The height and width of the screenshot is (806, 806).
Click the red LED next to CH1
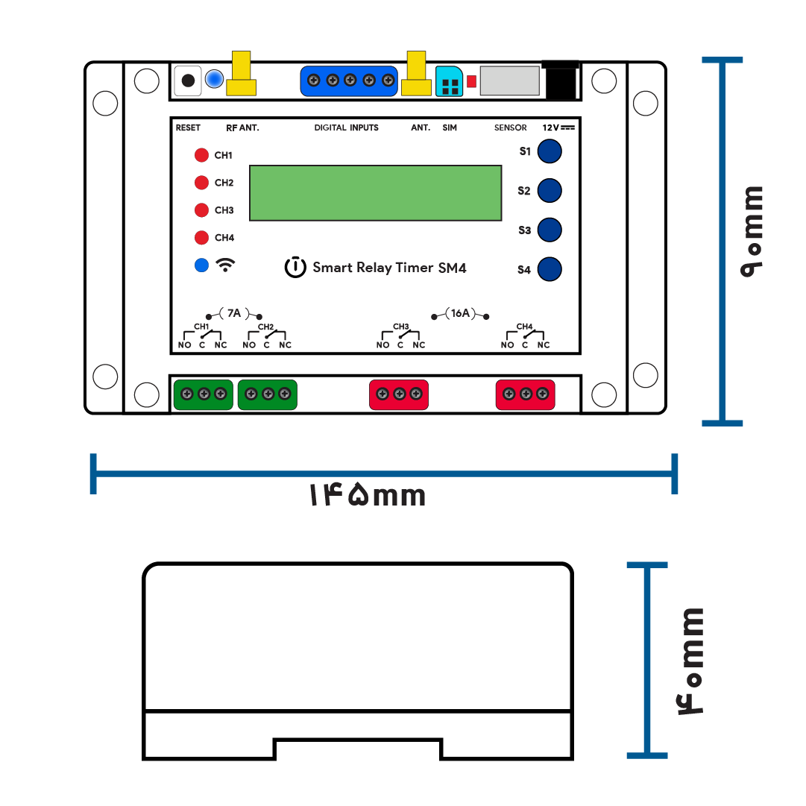point(201,155)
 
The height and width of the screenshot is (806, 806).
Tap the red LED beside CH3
point(201,210)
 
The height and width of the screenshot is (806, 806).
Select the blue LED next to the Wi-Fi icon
point(201,265)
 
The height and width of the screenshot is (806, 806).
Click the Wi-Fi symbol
point(225,265)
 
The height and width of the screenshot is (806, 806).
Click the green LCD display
point(375,193)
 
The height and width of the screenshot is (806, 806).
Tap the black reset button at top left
point(188,81)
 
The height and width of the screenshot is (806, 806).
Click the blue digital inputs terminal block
point(349,81)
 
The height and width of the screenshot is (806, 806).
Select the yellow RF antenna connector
point(241,73)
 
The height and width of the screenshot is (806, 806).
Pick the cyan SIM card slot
point(450,81)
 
